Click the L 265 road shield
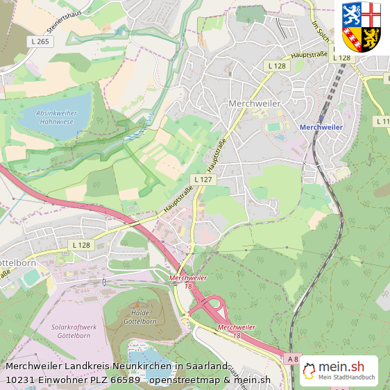(x=41, y=42)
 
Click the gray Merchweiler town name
(x=254, y=103)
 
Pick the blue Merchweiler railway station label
(x=321, y=127)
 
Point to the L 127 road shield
(x=203, y=179)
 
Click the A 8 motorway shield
(x=292, y=359)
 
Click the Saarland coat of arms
(x=362, y=26)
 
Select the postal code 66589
(x=125, y=380)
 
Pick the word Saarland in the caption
(x=206, y=366)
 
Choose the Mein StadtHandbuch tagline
(x=346, y=378)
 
